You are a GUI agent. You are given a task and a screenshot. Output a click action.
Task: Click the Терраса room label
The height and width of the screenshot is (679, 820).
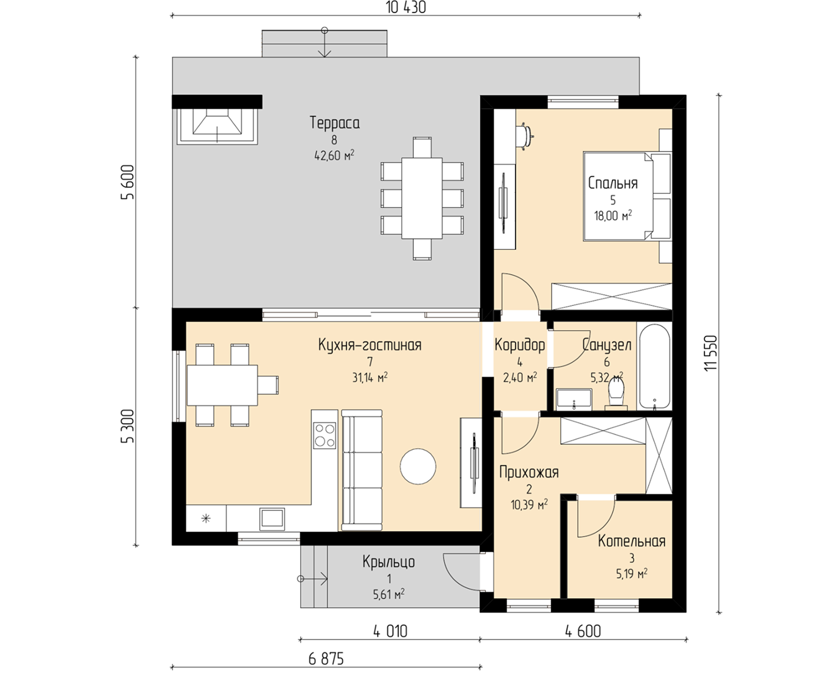tap(335, 123)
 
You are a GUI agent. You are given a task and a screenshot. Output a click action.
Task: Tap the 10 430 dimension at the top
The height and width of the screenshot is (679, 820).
tap(406, 8)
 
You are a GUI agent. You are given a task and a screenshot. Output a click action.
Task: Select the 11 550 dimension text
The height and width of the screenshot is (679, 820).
tap(711, 353)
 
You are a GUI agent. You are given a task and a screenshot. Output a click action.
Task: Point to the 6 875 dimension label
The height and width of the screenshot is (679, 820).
tap(326, 659)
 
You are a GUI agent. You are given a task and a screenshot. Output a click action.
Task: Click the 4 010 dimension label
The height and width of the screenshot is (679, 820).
tap(390, 632)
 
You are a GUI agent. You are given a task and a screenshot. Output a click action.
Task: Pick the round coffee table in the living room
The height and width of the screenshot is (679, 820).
tap(418, 466)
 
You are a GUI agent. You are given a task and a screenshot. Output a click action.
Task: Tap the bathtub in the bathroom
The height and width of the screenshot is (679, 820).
tap(654, 366)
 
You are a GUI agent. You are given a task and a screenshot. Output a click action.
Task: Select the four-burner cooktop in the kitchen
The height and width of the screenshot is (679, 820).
tap(324, 435)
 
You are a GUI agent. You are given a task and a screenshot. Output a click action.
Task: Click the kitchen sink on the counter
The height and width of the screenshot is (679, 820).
tap(272, 519)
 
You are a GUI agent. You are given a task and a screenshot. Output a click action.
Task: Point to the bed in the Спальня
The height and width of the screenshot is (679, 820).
tap(627, 196)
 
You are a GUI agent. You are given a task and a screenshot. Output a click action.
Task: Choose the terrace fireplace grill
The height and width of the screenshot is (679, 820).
tap(217, 126)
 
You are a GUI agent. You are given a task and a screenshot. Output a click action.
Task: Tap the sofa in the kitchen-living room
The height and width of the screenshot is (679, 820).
tap(362, 470)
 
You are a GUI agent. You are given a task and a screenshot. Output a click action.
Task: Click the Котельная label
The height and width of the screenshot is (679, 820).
tap(631, 541)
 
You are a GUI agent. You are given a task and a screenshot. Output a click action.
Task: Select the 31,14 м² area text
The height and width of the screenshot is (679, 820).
tap(370, 377)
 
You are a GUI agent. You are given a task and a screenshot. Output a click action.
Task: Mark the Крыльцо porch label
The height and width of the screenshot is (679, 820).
tap(389, 561)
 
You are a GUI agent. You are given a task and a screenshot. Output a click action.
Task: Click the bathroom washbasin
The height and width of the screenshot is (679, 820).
tap(574, 399)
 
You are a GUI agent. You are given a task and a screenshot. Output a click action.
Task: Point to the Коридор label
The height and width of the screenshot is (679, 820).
tap(519, 345)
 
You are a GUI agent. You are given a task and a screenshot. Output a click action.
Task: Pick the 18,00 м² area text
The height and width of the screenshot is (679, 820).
tap(613, 215)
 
